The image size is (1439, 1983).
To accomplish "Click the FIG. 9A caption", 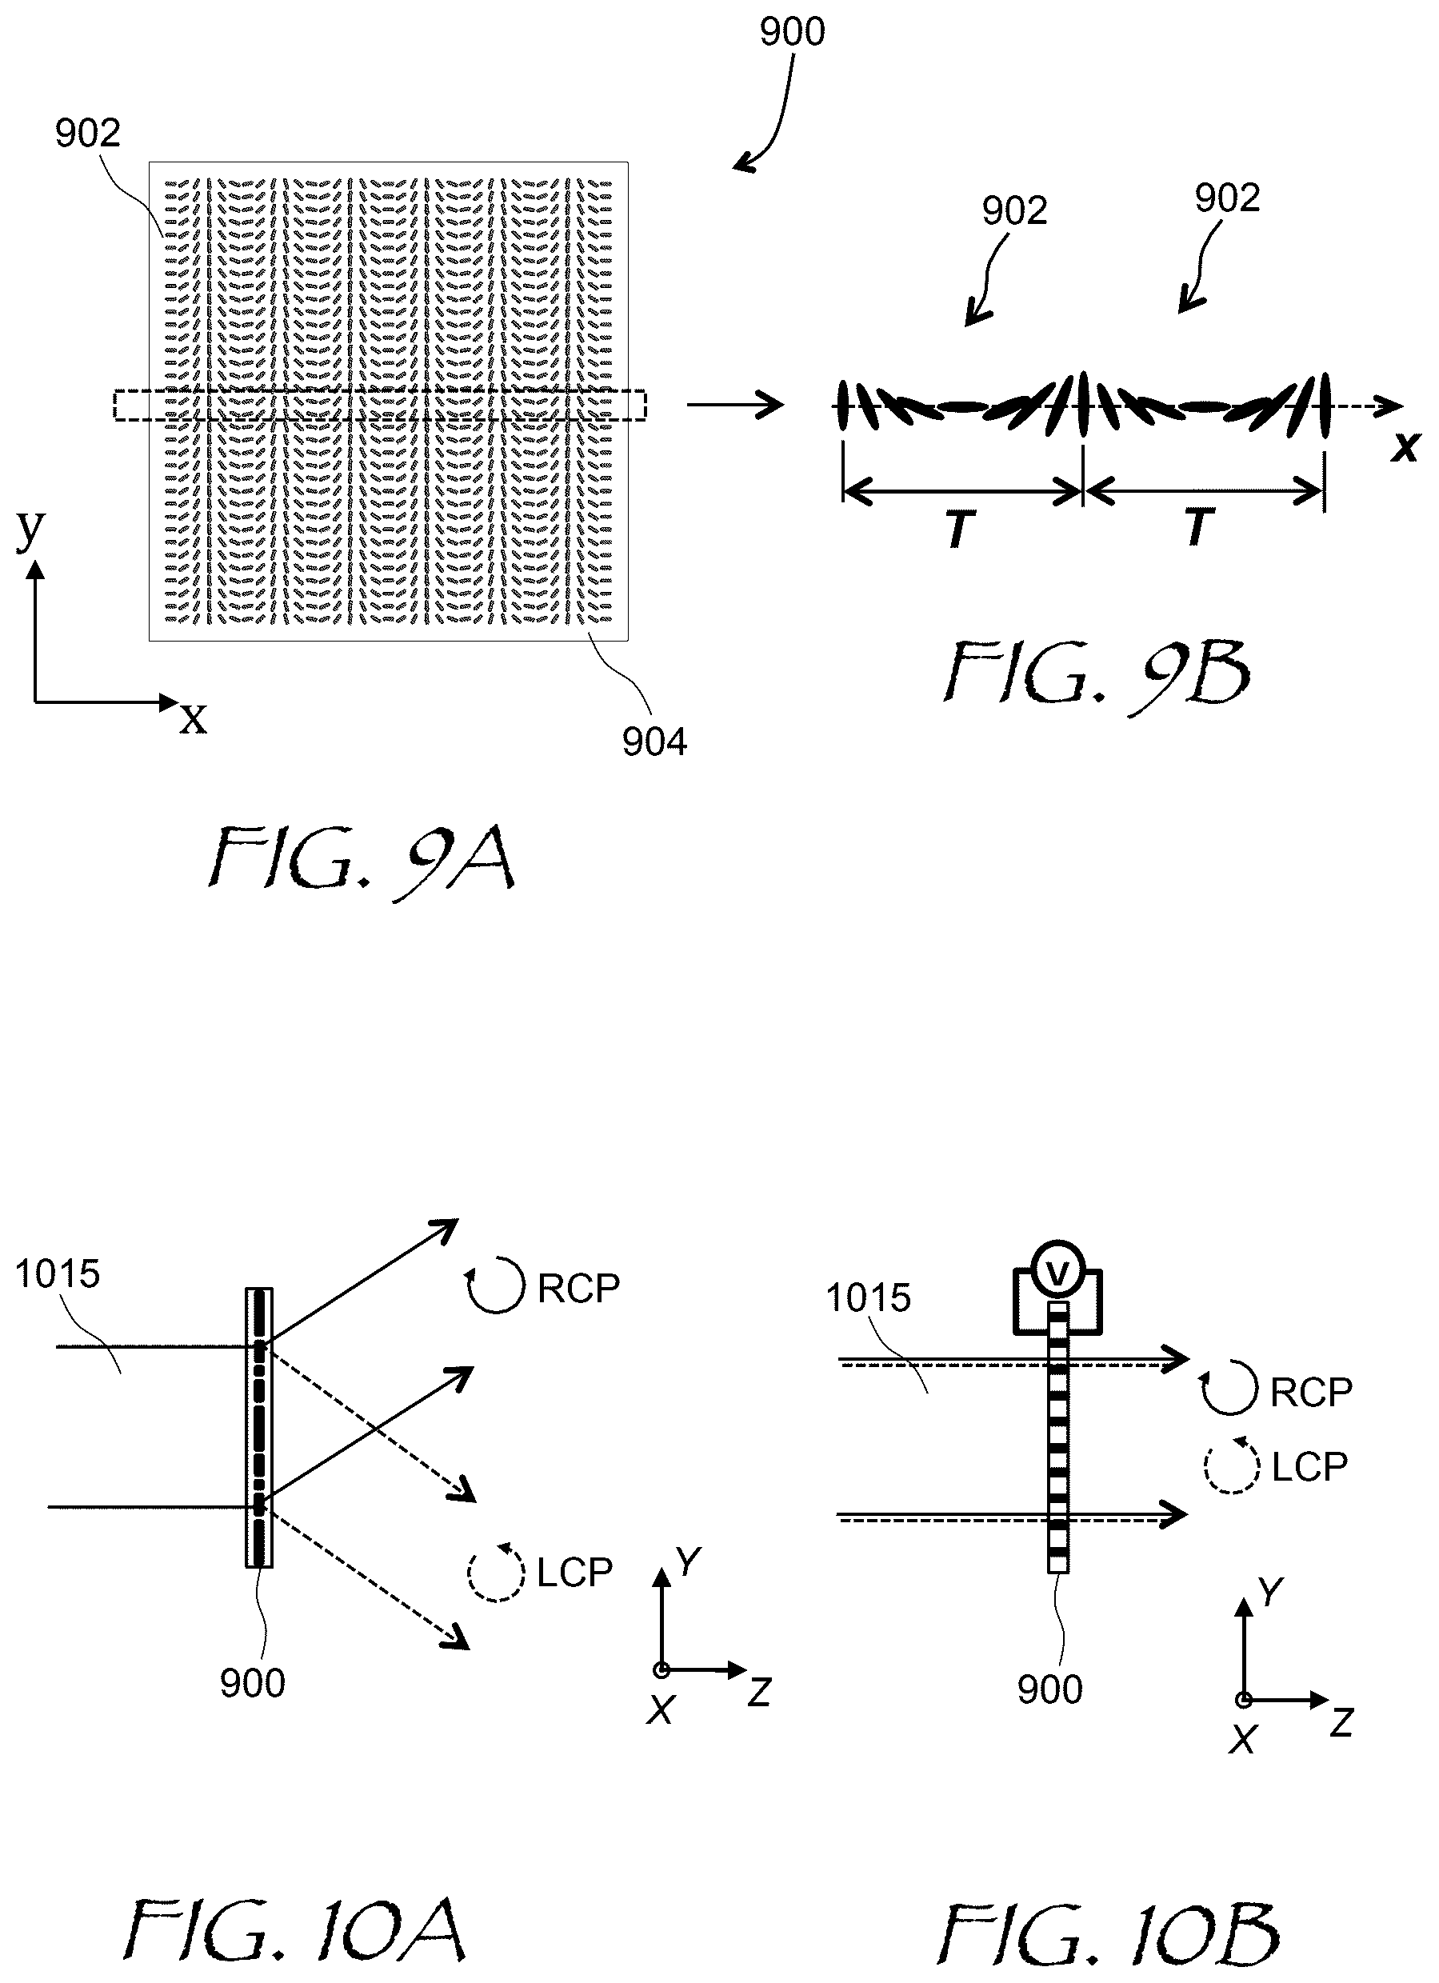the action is (x=361, y=861).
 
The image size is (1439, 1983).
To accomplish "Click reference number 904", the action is (x=655, y=742).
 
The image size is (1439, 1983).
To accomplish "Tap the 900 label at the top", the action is (x=792, y=32).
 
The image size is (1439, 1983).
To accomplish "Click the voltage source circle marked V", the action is (x=1057, y=1276).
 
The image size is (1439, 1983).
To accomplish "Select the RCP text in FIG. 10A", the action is (x=578, y=1289).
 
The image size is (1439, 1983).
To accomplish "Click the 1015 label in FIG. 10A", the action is (x=58, y=1274).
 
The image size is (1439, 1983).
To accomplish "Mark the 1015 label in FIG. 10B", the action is (x=868, y=1297).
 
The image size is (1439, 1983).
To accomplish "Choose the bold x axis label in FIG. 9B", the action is (x=1405, y=448).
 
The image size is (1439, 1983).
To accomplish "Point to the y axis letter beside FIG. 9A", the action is (x=30, y=529).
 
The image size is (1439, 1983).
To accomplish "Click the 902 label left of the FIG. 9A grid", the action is (x=87, y=134).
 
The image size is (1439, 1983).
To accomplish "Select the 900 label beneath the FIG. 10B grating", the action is (x=1050, y=1690).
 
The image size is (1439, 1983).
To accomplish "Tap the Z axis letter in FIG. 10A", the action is (x=759, y=1693).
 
